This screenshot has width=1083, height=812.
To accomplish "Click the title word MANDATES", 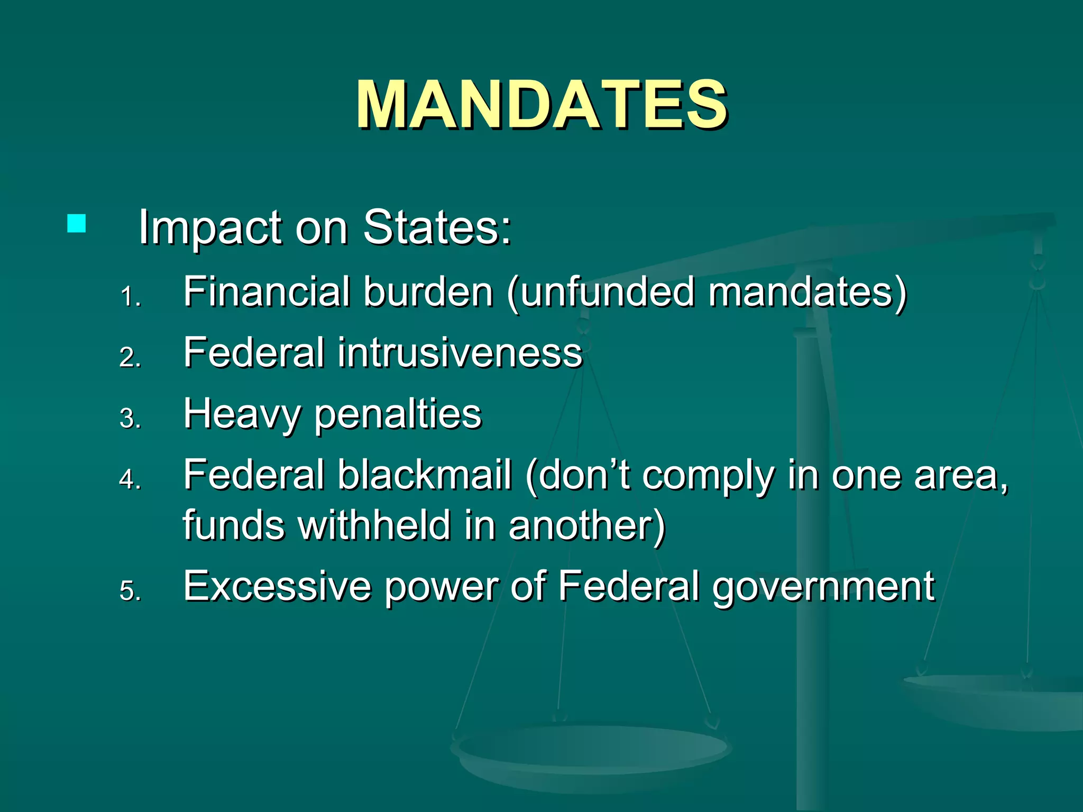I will coord(541,104).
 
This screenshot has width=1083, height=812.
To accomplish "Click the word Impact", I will coord(210,228).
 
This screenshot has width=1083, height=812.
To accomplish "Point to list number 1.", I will coord(130,297).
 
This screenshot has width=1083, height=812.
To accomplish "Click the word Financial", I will coord(267,292).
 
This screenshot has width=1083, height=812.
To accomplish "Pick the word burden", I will coord(428,292).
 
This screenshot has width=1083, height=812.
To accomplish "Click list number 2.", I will coord(130,358).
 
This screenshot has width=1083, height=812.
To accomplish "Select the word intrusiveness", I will coord(460,353).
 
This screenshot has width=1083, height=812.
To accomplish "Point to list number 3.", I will coord(130,419).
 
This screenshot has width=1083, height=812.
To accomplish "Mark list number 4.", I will coord(130,479).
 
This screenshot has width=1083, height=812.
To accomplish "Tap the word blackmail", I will coord(425,475).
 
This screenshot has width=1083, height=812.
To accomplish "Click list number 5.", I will coord(130,591).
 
